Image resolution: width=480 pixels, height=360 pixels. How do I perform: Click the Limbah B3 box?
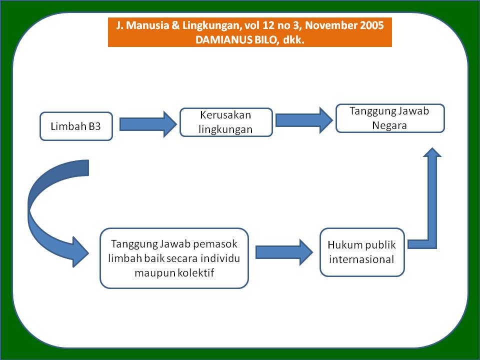click(76, 126)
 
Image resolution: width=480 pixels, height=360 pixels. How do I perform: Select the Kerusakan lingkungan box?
click(226, 122)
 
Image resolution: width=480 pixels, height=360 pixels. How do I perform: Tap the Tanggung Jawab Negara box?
click(390, 118)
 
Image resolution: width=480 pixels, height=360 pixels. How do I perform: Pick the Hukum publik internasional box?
click(362, 252)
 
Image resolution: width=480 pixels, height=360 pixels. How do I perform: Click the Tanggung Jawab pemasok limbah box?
click(174, 258)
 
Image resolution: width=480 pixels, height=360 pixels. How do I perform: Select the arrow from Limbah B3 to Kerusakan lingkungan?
click(148, 124)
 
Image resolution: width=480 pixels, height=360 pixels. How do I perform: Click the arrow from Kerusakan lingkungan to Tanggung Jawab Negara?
click(304, 120)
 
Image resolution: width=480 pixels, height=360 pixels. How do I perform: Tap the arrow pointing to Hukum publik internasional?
click(284, 252)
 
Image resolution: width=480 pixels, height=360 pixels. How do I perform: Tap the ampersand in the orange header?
click(175, 25)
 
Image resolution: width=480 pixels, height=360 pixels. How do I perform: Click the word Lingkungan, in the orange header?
click(212, 25)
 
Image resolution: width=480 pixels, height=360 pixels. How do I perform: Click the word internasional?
click(361, 259)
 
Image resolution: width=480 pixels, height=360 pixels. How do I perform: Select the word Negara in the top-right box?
click(389, 125)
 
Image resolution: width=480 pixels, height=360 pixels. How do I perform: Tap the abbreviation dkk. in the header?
click(293, 40)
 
